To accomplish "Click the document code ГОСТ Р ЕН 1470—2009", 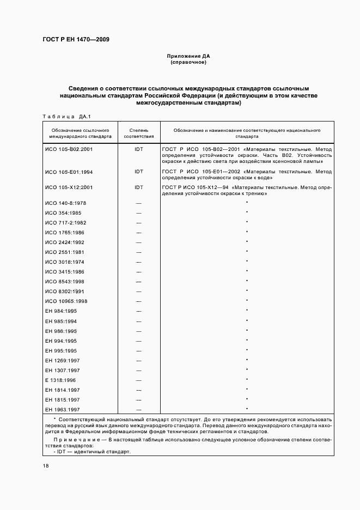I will pos(76,39).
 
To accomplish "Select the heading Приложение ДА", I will pos(188,56).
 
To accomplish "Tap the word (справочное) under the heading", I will pos(188,62).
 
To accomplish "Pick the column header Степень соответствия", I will pos(138,133).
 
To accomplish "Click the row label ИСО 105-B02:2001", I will pos(69,149).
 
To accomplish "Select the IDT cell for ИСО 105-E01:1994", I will pos(138,172).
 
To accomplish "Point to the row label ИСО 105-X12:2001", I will pos(69,187).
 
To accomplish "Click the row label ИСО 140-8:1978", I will pos(66,203).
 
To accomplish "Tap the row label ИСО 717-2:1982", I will pos(66,222).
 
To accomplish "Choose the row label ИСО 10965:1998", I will pos(68,301).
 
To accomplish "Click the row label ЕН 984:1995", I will pos(61,311).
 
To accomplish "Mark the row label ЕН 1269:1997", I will pos(63,360).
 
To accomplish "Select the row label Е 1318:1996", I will pos(61,380).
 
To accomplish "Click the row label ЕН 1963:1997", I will pos(63,409).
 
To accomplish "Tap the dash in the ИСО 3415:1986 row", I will pos(138,271).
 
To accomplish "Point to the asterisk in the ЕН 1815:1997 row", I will pos(247,399).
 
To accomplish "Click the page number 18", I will pos(45,466).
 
